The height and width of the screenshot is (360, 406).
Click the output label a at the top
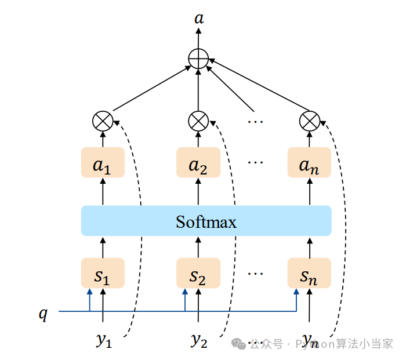point(199,19)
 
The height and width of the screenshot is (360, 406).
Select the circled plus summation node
point(199,59)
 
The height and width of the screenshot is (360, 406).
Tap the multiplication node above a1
point(103,121)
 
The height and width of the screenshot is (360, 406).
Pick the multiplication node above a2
point(198,121)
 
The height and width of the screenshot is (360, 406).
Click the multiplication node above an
point(309,121)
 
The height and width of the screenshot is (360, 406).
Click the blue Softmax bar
point(206,221)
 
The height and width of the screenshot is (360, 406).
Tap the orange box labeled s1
point(103,273)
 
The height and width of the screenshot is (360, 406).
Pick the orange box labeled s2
point(198,273)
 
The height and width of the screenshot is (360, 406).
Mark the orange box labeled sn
point(309,273)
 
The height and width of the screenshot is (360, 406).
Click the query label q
point(43,314)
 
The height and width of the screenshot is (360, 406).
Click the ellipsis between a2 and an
point(255,163)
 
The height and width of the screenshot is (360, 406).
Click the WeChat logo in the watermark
point(239,344)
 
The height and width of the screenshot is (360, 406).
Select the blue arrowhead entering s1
point(90,292)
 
